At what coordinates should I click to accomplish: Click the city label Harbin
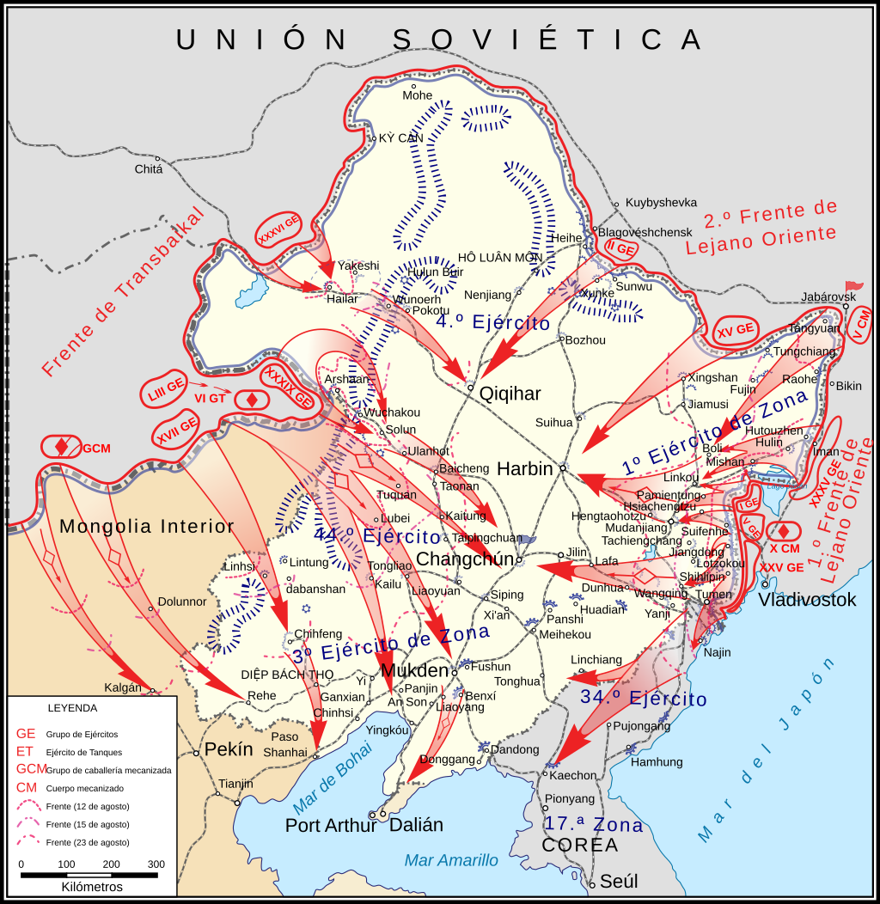click(x=525, y=469)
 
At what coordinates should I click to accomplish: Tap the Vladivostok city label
click(x=807, y=600)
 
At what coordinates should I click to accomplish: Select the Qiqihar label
click(x=510, y=394)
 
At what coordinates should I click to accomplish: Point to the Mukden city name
click(x=414, y=671)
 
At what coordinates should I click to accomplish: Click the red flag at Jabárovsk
click(x=853, y=286)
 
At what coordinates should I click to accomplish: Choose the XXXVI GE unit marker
click(x=279, y=231)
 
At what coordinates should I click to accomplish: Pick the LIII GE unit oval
click(x=163, y=388)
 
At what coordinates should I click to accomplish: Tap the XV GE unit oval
click(x=736, y=329)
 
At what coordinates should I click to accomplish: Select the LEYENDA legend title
click(x=72, y=708)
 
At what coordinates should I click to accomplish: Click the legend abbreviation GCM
click(x=32, y=769)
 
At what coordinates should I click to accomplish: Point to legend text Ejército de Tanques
click(x=84, y=752)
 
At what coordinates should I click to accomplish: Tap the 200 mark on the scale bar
click(x=111, y=864)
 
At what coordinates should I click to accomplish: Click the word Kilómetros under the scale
click(x=92, y=887)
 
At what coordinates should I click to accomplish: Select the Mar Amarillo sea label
click(x=451, y=860)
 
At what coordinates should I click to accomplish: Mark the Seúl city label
click(x=619, y=882)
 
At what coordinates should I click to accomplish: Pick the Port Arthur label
click(x=331, y=825)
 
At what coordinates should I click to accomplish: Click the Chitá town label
click(x=148, y=169)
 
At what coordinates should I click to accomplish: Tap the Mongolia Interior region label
click(x=147, y=527)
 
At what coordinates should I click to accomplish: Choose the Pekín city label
click(x=229, y=749)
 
